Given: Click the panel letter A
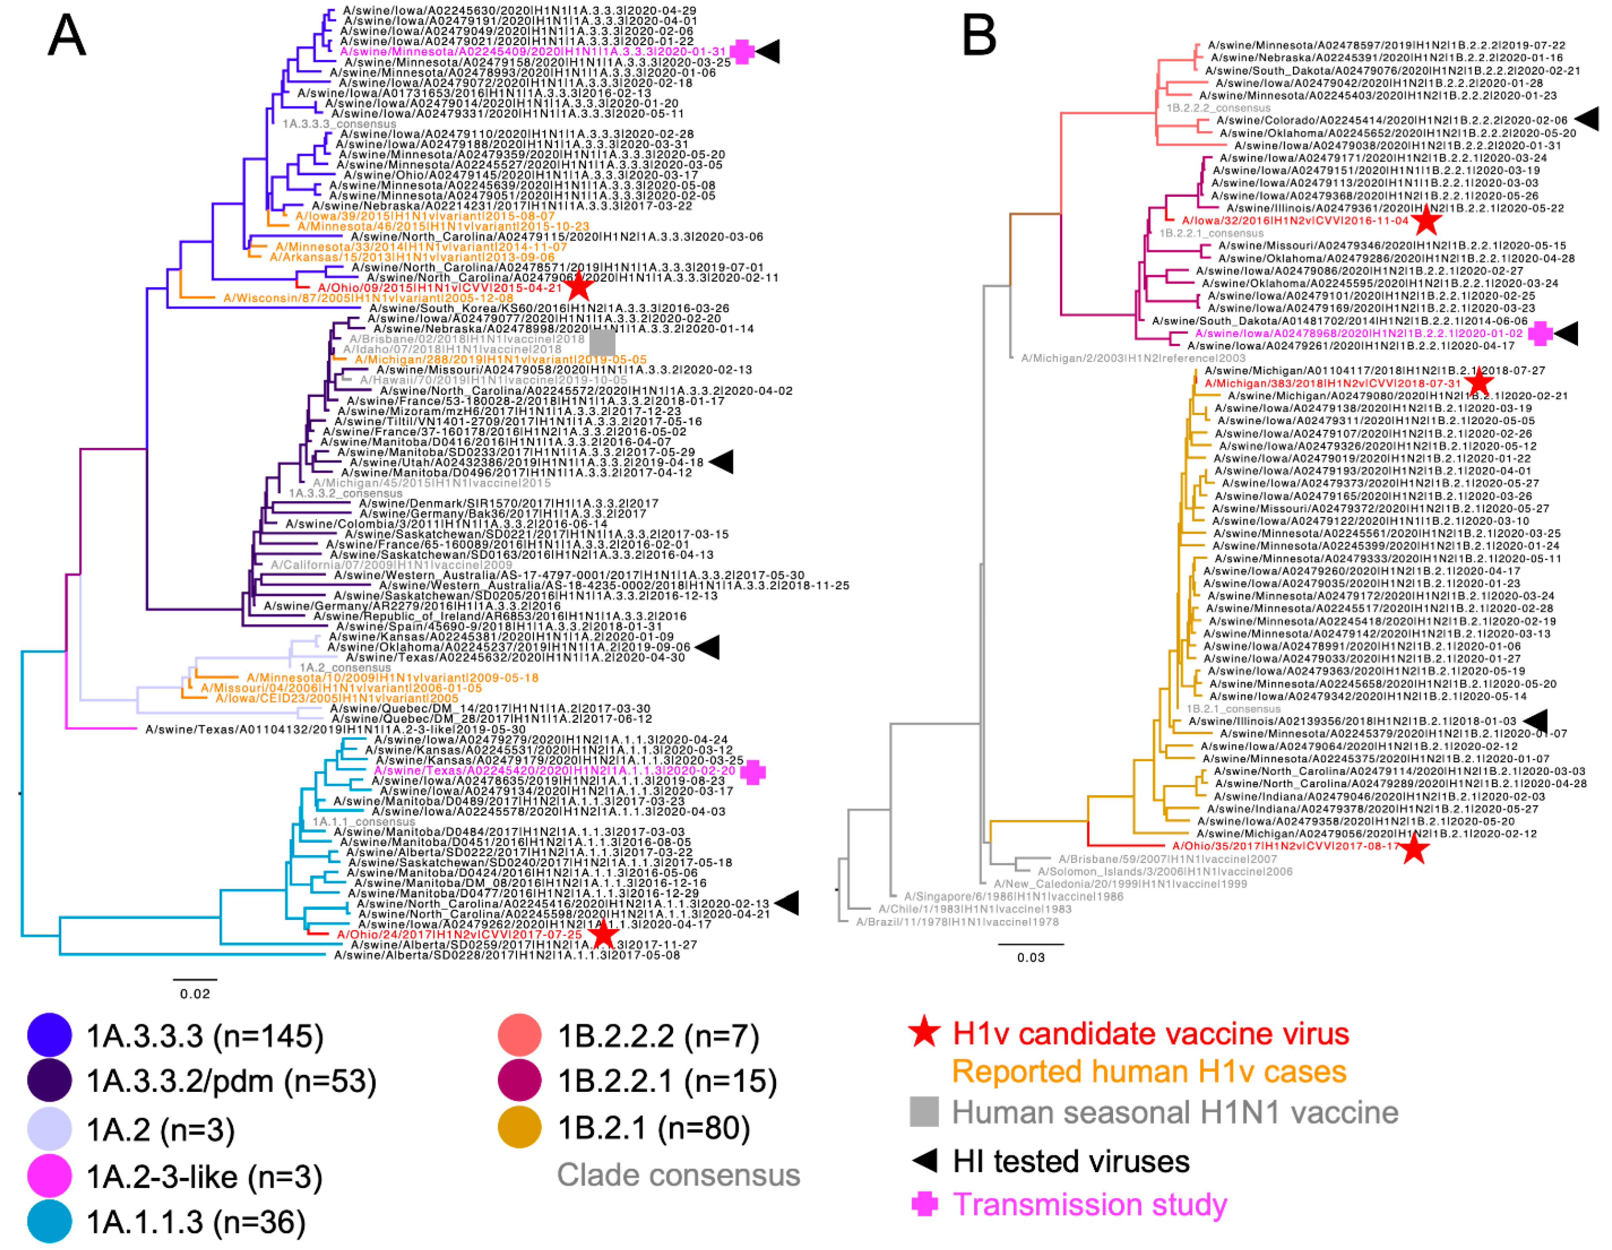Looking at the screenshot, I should coord(66,35).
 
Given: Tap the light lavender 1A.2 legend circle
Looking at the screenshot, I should coord(49,1129).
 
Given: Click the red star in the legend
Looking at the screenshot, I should coord(924,1032).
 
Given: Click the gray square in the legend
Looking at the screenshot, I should coord(924,1111).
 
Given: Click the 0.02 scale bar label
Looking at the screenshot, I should coord(195,994).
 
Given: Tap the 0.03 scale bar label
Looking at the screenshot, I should coord(1031,958).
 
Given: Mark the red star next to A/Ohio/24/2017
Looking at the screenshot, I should coord(604,934).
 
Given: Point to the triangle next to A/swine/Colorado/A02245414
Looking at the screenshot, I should coord(1587,119).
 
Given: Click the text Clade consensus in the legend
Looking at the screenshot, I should coord(678,1175).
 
